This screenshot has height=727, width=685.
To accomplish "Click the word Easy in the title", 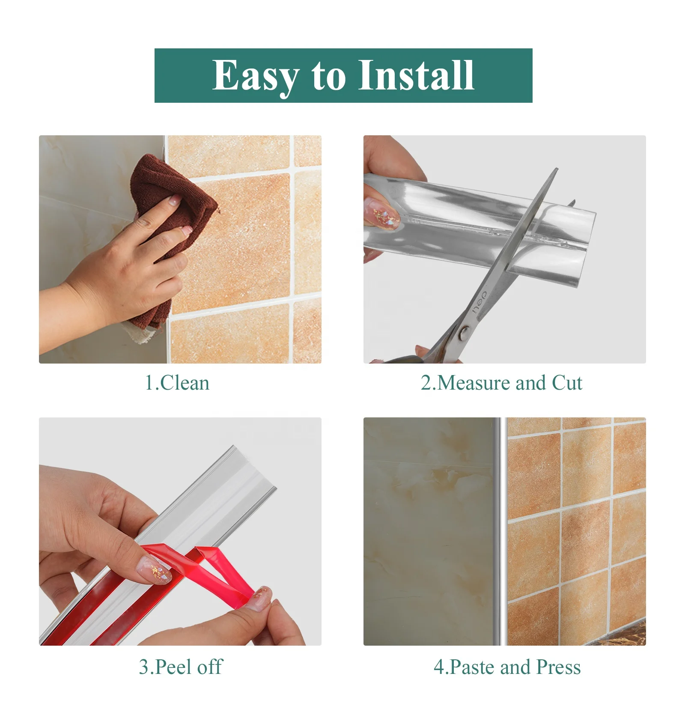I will (x=255, y=76).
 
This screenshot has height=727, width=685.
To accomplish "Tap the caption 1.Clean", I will (x=177, y=383).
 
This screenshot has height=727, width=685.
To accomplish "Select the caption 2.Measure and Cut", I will (x=501, y=383).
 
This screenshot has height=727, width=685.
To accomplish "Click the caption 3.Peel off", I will (x=180, y=667).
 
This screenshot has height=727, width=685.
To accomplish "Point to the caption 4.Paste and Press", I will (x=507, y=667).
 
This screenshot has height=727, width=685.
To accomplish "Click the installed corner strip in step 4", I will (x=497, y=531).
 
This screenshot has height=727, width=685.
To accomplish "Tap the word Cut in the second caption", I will (x=567, y=383).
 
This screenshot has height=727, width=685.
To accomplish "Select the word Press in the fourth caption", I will (x=558, y=667).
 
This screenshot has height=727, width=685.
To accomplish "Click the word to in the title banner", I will (x=329, y=76).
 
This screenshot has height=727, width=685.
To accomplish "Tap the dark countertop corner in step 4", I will (x=629, y=636).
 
